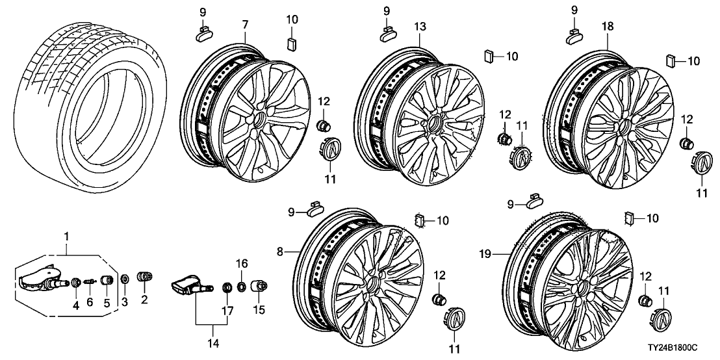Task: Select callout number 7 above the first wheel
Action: coord(245,25)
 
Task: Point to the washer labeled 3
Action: coord(125,279)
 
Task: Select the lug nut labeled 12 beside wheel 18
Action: coord(686,143)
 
